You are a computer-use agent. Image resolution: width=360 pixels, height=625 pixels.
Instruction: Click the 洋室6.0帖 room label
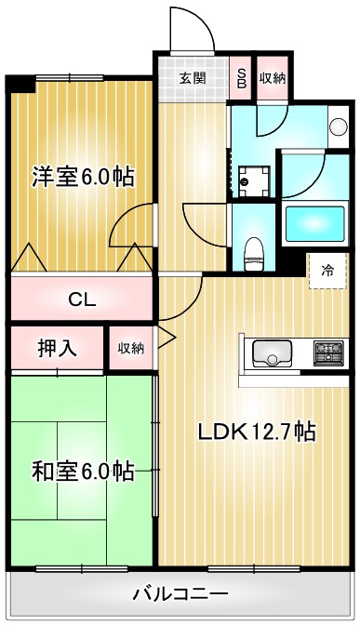pos(82,176)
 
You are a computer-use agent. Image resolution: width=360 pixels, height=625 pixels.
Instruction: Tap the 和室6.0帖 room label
pos(82,472)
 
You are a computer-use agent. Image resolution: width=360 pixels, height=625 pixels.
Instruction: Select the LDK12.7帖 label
pos(256,432)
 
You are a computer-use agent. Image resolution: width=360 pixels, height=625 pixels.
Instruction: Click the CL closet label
pos(82,299)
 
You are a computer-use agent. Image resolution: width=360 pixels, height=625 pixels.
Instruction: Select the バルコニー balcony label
pos(180,592)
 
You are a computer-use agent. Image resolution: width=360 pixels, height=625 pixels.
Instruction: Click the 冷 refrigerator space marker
pos(327,271)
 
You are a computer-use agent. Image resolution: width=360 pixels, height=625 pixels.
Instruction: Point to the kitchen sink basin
pos(271,353)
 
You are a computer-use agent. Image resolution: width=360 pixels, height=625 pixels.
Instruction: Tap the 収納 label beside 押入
pos(130,349)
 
